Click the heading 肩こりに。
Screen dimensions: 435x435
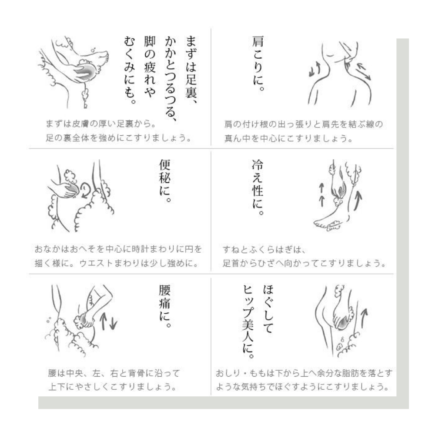[258, 64]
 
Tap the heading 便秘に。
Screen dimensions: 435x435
[165, 181]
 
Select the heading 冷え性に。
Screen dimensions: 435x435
[258, 187]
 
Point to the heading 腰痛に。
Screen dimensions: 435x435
[165, 306]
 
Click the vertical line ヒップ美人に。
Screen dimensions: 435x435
[248, 322]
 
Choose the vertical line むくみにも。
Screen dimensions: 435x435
[130, 70]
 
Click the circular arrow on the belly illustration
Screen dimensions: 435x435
[85, 190]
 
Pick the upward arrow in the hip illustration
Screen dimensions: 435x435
[364, 318]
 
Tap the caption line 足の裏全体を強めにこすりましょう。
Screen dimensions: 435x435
[119, 138]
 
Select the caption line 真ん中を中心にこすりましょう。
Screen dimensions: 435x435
[288, 138]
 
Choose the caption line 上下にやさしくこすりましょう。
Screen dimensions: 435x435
[112, 386]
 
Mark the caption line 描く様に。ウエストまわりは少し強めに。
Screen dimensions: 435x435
[117, 263]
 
